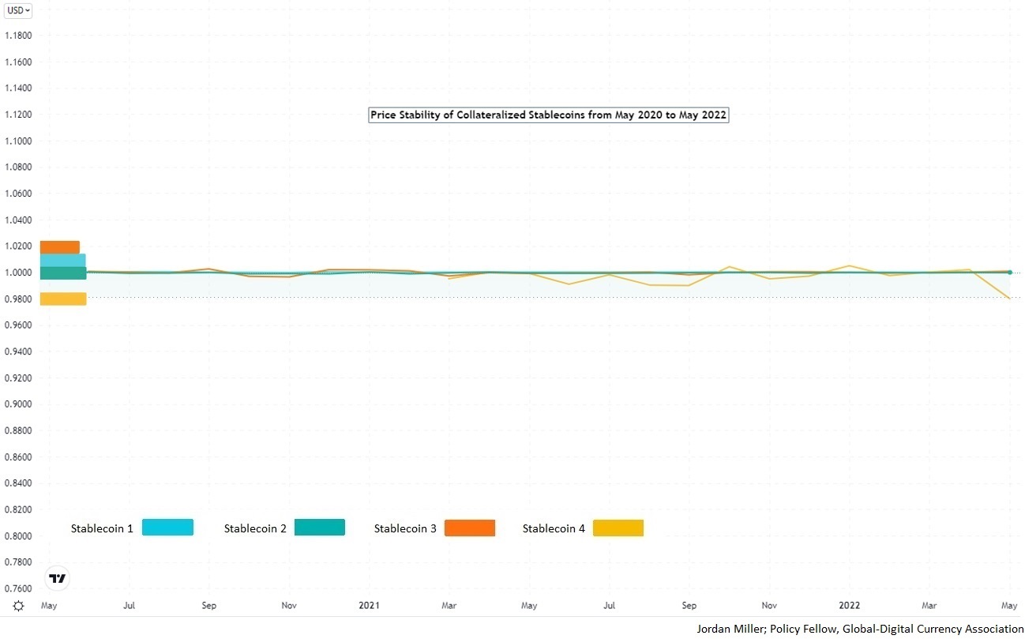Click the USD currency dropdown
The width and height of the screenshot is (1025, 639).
pyautogui.click(x=19, y=10)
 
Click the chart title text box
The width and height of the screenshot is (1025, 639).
pyautogui.click(x=548, y=115)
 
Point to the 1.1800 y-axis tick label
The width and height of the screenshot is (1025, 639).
pyautogui.click(x=18, y=36)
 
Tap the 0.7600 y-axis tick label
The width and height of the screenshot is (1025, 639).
pyautogui.click(x=18, y=588)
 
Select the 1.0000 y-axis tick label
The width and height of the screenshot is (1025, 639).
pyautogui.click(x=18, y=273)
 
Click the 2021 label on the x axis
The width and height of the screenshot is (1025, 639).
pyautogui.click(x=369, y=606)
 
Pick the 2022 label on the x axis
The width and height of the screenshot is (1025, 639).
pyautogui.click(x=850, y=606)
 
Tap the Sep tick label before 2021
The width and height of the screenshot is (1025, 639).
pyautogui.click(x=209, y=606)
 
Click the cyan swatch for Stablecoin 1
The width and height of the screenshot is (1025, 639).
pyautogui.click(x=167, y=527)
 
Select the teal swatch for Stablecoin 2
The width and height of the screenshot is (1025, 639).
pyautogui.click(x=319, y=527)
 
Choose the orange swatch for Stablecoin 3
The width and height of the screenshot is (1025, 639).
pyautogui.click(x=469, y=527)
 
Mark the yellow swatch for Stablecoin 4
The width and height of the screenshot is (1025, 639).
pyautogui.click(x=618, y=527)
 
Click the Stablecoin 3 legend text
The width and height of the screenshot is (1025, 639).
pyautogui.click(x=405, y=528)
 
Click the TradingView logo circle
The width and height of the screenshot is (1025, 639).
pyautogui.click(x=58, y=578)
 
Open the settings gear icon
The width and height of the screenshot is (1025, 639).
pyautogui.click(x=18, y=606)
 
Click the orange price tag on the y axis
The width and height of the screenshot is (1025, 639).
pyautogui.click(x=60, y=246)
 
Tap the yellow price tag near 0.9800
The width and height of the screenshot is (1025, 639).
pyautogui.click(x=62, y=299)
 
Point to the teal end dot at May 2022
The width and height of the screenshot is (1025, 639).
pyautogui.click(x=1010, y=273)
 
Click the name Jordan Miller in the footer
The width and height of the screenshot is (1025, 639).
pyautogui.click(x=730, y=629)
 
